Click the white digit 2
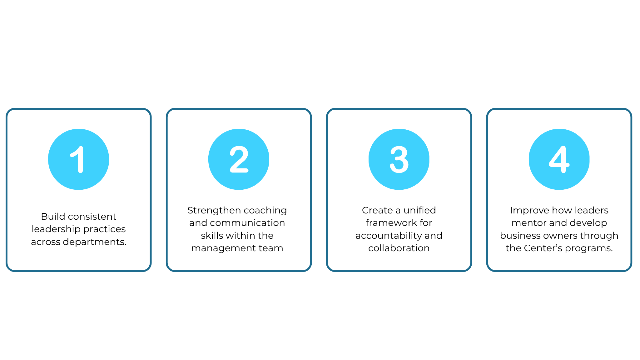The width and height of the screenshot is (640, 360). tap(239, 159)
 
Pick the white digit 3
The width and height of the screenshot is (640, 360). tap(399, 159)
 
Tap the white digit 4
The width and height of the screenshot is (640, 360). tap(559, 159)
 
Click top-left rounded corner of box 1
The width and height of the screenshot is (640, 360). tap(8, 111)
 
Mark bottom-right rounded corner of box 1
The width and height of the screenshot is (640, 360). tap(149, 269)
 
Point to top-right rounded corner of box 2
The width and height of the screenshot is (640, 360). tap(309, 111)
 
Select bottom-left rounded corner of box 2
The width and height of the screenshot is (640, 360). tap(169, 269)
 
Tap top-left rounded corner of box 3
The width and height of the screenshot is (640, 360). tap(329, 111)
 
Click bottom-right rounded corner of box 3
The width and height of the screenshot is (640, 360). tap(469, 269)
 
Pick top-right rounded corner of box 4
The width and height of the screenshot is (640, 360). tap(629, 111)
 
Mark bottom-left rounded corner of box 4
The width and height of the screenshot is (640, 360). tap(489, 269)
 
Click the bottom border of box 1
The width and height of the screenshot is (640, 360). tap(78, 271)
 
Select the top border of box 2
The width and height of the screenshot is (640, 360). tap(239, 109)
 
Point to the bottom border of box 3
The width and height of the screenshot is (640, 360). tap(399, 271)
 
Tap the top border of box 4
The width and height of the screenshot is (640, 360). tap(559, 109)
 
